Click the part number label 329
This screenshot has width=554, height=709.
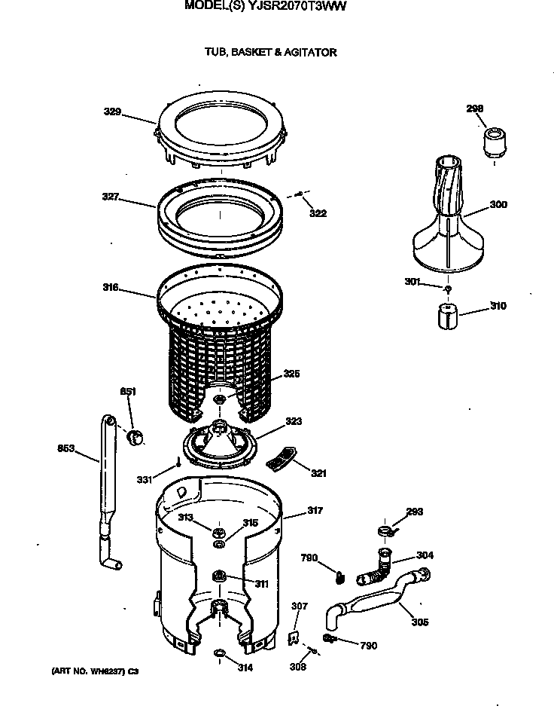coord(112,112)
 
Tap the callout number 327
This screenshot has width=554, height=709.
coord(111,197)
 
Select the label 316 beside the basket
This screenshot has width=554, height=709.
coord(111,286)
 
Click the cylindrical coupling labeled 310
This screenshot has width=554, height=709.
coord(448,315)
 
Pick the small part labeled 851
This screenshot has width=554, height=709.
coord(136,436)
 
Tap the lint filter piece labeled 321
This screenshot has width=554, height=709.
coord(282,458)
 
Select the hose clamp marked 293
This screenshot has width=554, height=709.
coord(388,533)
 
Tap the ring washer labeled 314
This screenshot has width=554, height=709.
coord(219,652)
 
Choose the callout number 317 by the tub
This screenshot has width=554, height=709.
coord(314,511)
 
